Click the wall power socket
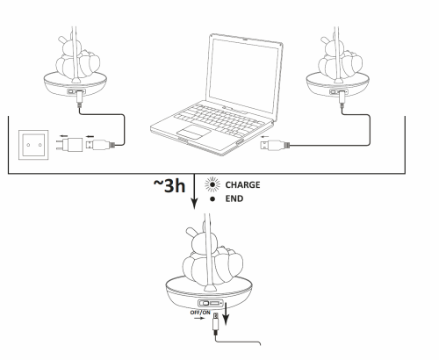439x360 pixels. tap(35, 140)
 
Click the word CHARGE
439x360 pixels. tap(242, 185)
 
